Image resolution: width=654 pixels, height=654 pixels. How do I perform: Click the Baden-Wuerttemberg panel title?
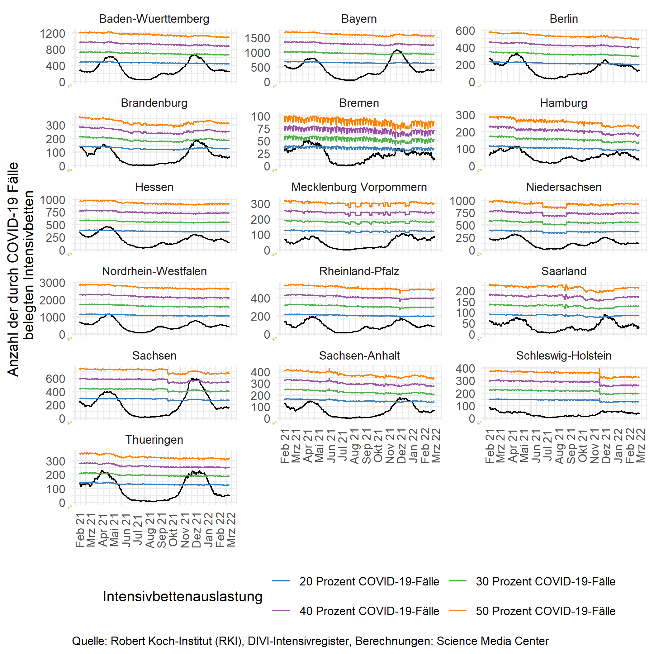point(154,19)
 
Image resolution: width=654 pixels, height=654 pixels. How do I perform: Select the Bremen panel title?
point(359,103)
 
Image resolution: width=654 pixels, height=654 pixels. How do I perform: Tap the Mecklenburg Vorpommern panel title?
point(359,187)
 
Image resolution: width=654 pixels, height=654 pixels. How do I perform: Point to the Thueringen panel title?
point(154,440)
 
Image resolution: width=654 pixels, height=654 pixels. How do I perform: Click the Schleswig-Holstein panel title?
point(564,356)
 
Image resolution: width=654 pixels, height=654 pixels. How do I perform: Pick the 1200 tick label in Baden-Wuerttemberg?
point(52,34)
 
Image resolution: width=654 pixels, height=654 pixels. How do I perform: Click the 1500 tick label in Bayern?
point(257,38)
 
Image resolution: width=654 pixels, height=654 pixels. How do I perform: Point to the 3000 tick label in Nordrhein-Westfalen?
point(52,283)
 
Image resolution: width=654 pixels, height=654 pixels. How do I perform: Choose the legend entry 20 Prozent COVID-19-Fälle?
point(369,581)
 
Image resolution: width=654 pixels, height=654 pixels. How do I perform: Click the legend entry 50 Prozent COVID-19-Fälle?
point(545,611)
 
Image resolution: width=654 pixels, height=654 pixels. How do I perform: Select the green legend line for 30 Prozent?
point(458,581)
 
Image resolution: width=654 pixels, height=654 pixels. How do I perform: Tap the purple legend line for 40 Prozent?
point(281,611)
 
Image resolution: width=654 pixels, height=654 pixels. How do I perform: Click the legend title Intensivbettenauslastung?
point(182,596)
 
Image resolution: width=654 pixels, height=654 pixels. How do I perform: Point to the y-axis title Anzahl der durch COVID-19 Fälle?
point(13,269)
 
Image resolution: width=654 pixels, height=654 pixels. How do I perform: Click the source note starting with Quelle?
point(310,641)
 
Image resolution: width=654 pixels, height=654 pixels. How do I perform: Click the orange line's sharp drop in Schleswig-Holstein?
point(599,374)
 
